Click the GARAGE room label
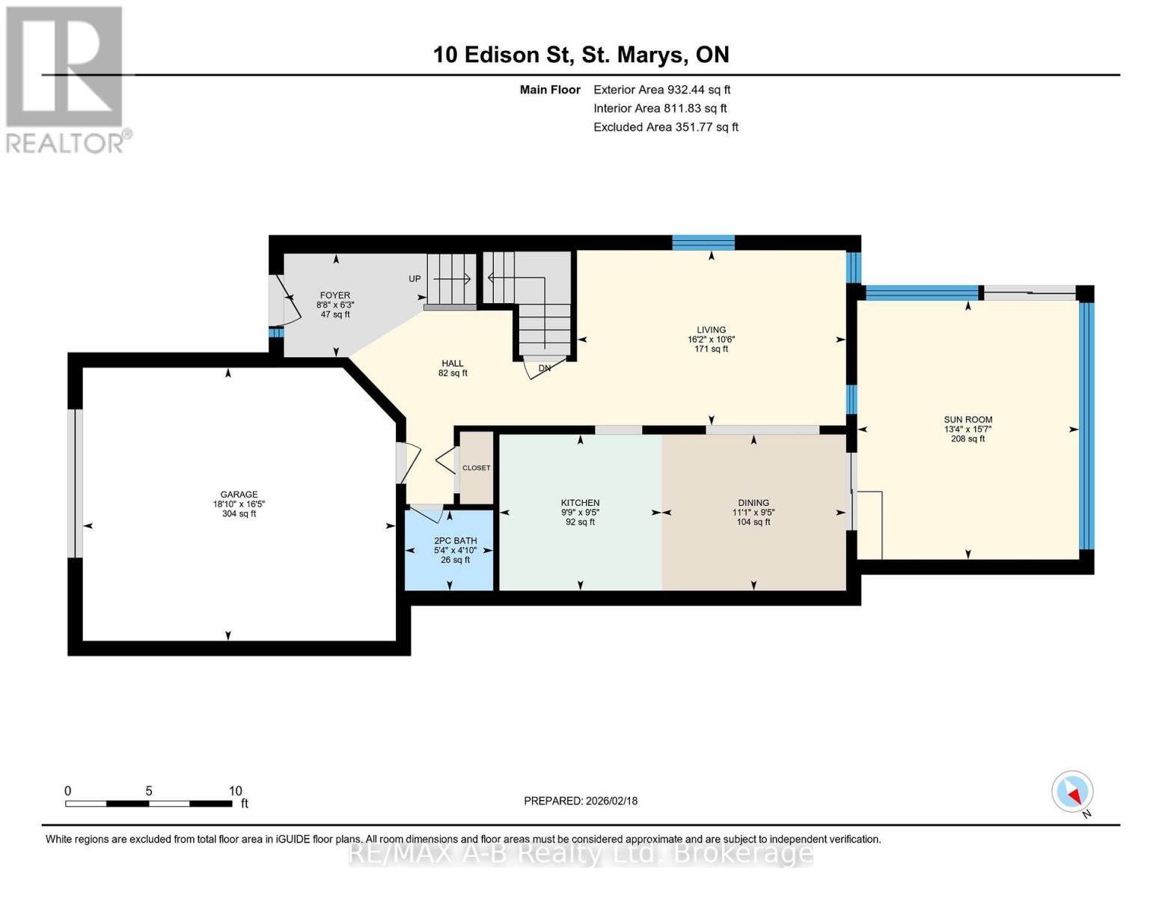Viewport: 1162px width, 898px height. click(x=239, y=494)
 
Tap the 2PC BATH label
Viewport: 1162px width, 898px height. click(x=455, y=540)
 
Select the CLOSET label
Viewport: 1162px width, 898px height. click(x=476, y=468)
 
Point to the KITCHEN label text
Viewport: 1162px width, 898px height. click(x=580, y=503)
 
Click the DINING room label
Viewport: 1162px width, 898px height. click(x=753, y=503)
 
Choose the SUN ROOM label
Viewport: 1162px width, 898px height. click(x=967, y=420)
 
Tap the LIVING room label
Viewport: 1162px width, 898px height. click(x=711, y=329)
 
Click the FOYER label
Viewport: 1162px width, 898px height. click(x=334, y=296)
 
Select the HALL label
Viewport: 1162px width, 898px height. click(x=452, y=364)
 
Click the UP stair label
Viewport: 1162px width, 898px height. click(x=415, y=279)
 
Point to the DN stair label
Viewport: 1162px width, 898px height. click(x=545, y=368)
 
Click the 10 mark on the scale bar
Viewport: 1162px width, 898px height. click(x=235, y=791)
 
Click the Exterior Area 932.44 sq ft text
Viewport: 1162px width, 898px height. click(x=661, y=90)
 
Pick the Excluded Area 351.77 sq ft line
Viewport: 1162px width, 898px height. click(x=665, y=127)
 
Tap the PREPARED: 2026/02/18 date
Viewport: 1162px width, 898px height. click(x=581, y=801)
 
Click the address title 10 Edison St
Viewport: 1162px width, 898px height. click(x=581, y=55)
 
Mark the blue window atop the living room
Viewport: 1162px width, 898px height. click(x=703, y=242)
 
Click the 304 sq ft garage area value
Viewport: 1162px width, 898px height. click(x=239, y=514)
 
